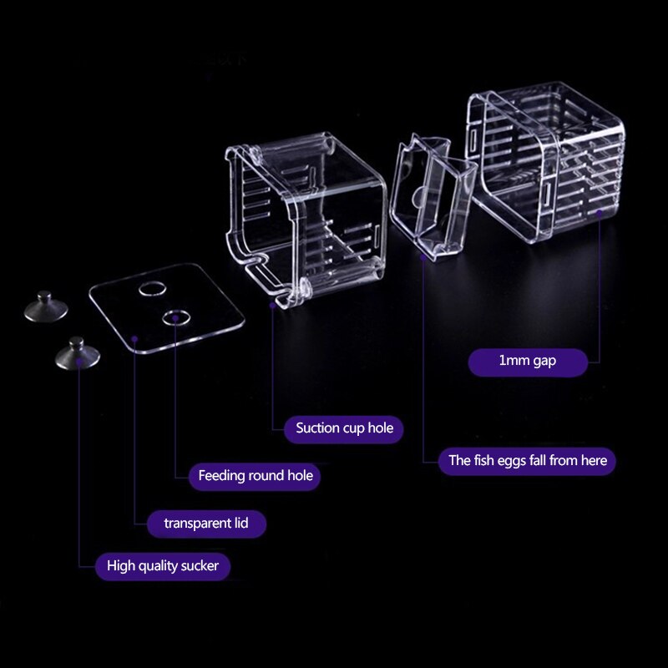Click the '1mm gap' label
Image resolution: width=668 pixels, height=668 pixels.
(527, 362)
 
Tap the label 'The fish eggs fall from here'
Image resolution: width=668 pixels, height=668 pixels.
(527, 460)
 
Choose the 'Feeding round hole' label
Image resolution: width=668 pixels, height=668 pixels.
(256, 476)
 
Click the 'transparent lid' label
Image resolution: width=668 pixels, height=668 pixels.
(205, 524)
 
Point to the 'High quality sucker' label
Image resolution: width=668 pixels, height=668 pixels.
(163, 566)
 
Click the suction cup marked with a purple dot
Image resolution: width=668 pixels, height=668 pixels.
(78, 354)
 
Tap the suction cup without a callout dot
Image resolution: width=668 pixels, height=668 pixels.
(45, 306)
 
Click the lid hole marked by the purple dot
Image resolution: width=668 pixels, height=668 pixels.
(175, 317)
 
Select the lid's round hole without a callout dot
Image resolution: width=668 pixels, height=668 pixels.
(151, 290)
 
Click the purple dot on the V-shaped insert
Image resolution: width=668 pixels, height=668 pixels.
(423, 257)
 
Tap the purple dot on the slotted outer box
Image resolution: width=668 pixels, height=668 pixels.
(600, 212)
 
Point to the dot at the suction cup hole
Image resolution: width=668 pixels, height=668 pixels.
(273, 306)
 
